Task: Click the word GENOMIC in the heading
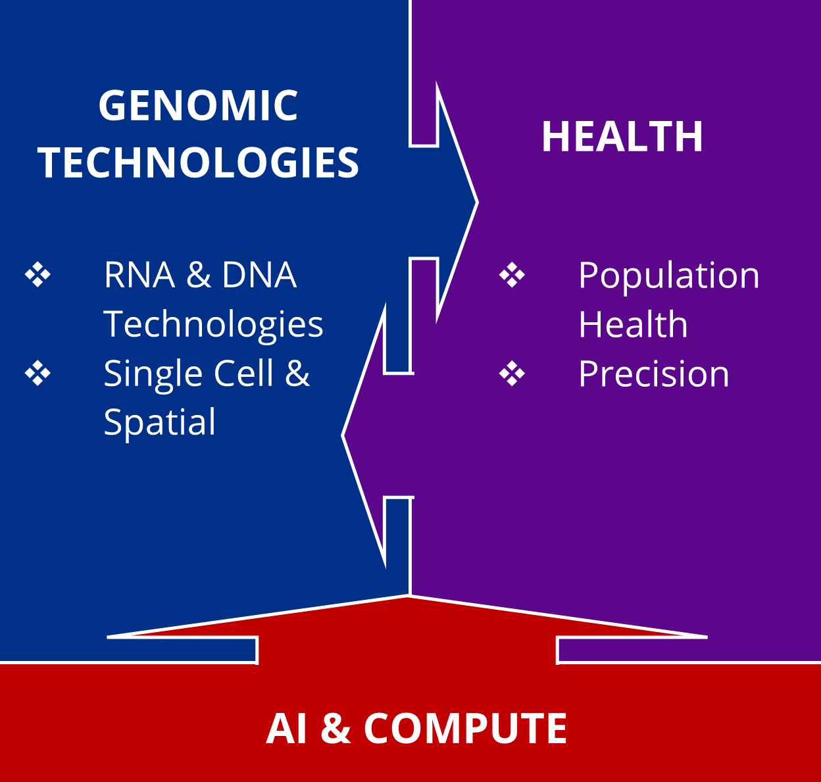pyautogui.click(x=199, y=105)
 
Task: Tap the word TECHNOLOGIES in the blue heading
pyautogui.click(x=199, y=163)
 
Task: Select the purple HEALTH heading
pyautogui.click(x=622, y=137)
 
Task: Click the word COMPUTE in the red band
pyautogui.click(x=465, y=729)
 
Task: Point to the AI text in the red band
pyautogui.click(x=286, y=729)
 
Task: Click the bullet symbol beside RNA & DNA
pyautogui.click(x=37, y=274)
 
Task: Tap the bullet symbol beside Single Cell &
pyautogui.click(x=37, y=373)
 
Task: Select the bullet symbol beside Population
pyautogui.click(x=512, y=274)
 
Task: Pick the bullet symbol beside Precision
pyautogui.click(x=512, y=373)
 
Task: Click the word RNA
pyautogui.click(x=139, y=275)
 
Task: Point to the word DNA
pyautogui.click(x=259, y=275)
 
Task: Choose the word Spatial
pyautogui.click(x=159, y=422)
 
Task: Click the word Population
pyautogui.click(x=668, y=276)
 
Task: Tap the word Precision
pyautogui.click(x=653, y=374)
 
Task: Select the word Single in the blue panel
pyautogui.click(x=153, y=374)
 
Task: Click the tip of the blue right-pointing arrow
pyautogui.click(x=477, y=203)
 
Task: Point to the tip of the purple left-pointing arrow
pyautogui.click(x=343, y=436)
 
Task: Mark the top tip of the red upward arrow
pyautogui.click(x=408, y=597)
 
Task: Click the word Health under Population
pyautogui.click(x=633, y=324)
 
